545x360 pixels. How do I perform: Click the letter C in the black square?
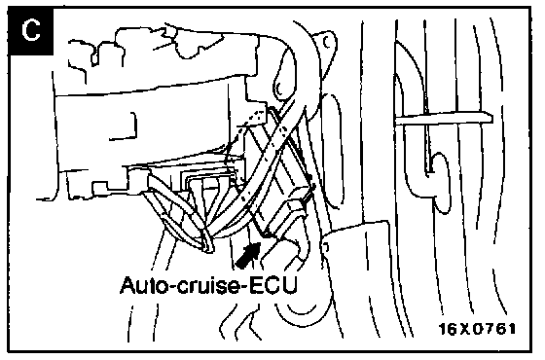30,30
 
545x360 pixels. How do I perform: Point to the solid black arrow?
248,254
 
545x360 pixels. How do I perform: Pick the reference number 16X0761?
478,329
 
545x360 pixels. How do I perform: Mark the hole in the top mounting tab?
327,42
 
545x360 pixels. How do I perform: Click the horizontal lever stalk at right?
444,118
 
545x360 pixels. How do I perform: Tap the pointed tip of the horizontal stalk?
492,118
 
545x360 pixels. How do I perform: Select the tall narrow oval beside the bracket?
333,151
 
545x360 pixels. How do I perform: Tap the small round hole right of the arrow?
326,247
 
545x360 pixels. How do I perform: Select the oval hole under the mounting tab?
281,87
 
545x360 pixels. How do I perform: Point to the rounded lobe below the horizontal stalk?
442,183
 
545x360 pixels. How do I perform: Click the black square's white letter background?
30,31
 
